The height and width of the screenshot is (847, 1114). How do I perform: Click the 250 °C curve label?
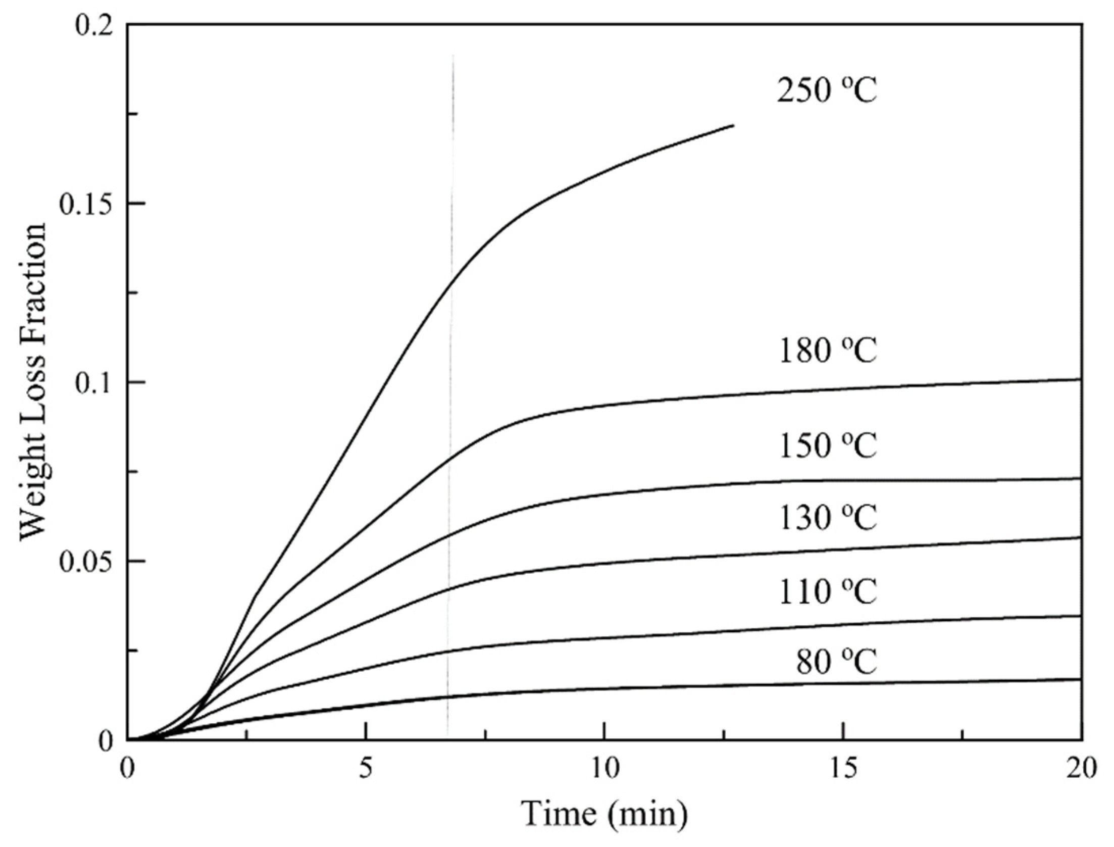pos(827,90)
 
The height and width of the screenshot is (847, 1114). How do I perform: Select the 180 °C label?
pos(828,351)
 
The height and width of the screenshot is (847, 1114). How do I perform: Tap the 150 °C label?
pos(828,445)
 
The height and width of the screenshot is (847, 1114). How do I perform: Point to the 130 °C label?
pos(828,518)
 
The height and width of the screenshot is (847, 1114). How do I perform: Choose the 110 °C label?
pos(828,591)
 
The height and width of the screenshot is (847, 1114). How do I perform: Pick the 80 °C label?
pos(836,662)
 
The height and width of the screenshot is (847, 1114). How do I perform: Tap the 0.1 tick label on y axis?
pos(96,383)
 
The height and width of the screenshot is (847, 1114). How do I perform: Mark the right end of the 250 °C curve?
pos(733,125)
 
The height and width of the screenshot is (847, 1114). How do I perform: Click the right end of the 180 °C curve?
pos(1080,379)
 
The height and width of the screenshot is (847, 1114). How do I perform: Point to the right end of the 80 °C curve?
pos(1080,679)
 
